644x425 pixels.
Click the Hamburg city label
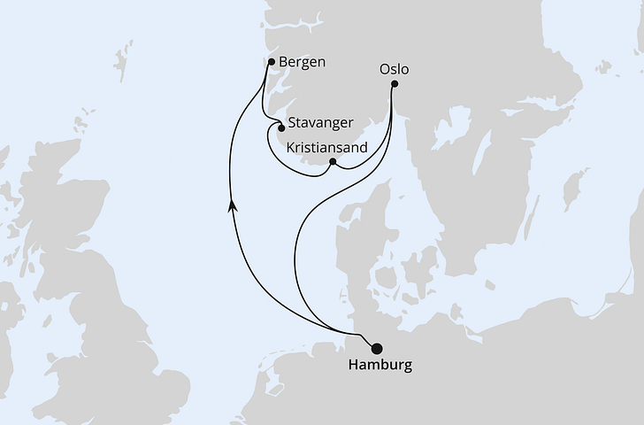point(379,366)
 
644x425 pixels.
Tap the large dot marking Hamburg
point(378,348)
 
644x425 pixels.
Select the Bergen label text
point(302,63)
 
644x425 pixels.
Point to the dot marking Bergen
point(271,62)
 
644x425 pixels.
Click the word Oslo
point(395,68)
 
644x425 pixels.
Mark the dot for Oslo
point(395,85)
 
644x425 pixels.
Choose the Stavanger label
point(320,123)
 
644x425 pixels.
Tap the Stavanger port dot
point(281,127)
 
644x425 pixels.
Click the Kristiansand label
point(326,149)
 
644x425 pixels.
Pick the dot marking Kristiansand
point(332,162)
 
